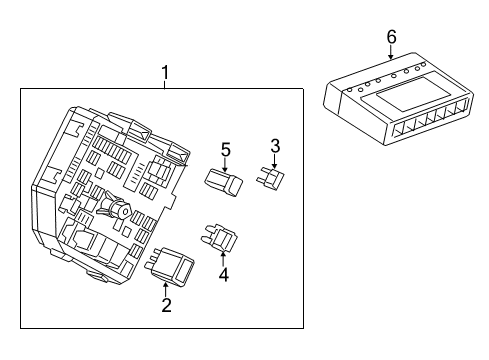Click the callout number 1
click(x=166, y=71)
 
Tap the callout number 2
click(x=166, y=306)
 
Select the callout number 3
click(x=274, y=145)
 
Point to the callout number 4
click(x=224, y=273)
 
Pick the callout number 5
click(x=225, y=150)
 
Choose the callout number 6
click(x=391, y=37)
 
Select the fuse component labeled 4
click(x=221, y=237)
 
